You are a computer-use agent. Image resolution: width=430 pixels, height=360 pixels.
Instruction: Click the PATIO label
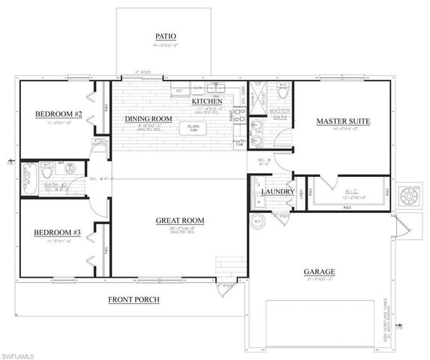165,35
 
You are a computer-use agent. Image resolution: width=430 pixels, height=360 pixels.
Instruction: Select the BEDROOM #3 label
56,232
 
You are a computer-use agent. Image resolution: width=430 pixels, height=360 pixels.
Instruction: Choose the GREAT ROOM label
180,220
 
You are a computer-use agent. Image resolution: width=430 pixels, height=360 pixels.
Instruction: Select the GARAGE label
319,271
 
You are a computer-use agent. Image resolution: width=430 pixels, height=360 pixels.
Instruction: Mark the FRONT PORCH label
134,299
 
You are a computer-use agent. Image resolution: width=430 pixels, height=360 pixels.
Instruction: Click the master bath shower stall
257,95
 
